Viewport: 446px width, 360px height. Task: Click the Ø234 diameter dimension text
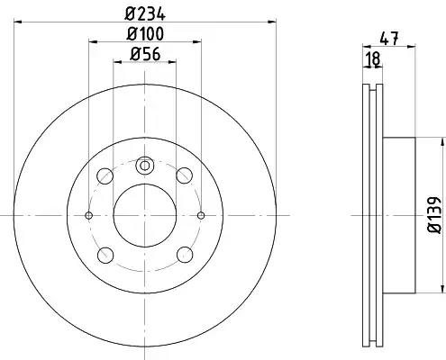(x=145, y=13)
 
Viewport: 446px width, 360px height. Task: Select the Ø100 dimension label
(x=145, y=33)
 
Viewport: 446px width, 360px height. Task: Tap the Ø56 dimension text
(x=145, y=54)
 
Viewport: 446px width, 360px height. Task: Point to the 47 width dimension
(x=389, y=39)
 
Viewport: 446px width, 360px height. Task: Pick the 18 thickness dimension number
(x=373, y=58)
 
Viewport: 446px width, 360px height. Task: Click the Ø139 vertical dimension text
(x=434, y=215)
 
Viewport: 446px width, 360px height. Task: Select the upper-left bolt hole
(x=105, y=176)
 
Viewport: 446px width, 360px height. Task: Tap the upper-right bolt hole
(x=184, y=175)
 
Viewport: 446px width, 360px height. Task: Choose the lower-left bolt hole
(x=105, y=256)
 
